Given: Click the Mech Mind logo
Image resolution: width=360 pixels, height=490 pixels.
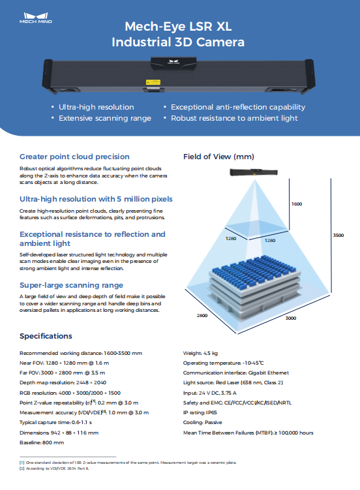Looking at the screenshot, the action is pos(36,18).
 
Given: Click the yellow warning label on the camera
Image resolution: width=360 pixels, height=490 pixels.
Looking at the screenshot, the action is pos(153,82).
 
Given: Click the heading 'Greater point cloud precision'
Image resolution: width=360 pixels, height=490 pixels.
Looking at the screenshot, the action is pos(74,157).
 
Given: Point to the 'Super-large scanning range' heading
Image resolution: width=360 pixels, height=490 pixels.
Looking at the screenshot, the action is pos(71,285).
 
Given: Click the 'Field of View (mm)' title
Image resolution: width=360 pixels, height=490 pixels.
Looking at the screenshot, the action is pos(218,157).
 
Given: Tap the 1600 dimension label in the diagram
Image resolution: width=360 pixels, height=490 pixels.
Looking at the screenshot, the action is pos(297,204).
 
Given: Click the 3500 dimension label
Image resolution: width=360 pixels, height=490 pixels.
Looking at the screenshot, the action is pos(338,236).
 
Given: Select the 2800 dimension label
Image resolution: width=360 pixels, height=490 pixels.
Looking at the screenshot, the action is pos(202,316).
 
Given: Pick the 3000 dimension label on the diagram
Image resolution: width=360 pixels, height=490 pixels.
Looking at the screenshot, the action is pos(291,318).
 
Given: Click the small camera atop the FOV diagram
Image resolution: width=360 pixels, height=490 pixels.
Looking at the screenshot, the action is pos(254,172).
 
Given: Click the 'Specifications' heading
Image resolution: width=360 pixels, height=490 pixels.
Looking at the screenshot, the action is pos(46,336).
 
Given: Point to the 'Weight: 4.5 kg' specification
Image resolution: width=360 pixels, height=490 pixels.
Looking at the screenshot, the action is pos(200,353).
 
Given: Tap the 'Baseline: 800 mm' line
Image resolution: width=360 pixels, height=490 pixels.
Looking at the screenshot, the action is pos(42,442).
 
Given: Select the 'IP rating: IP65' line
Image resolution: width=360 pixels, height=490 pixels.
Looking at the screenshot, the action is pos(200,412).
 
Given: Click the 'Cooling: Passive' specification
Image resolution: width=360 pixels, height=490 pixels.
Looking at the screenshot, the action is pos(203,423).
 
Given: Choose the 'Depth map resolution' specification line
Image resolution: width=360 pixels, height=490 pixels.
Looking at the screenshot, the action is pos(63,382).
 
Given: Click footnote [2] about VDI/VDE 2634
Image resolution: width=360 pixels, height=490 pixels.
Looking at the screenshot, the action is pos(54,468).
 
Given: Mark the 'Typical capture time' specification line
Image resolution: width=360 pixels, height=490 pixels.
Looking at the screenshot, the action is pos(55,423).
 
